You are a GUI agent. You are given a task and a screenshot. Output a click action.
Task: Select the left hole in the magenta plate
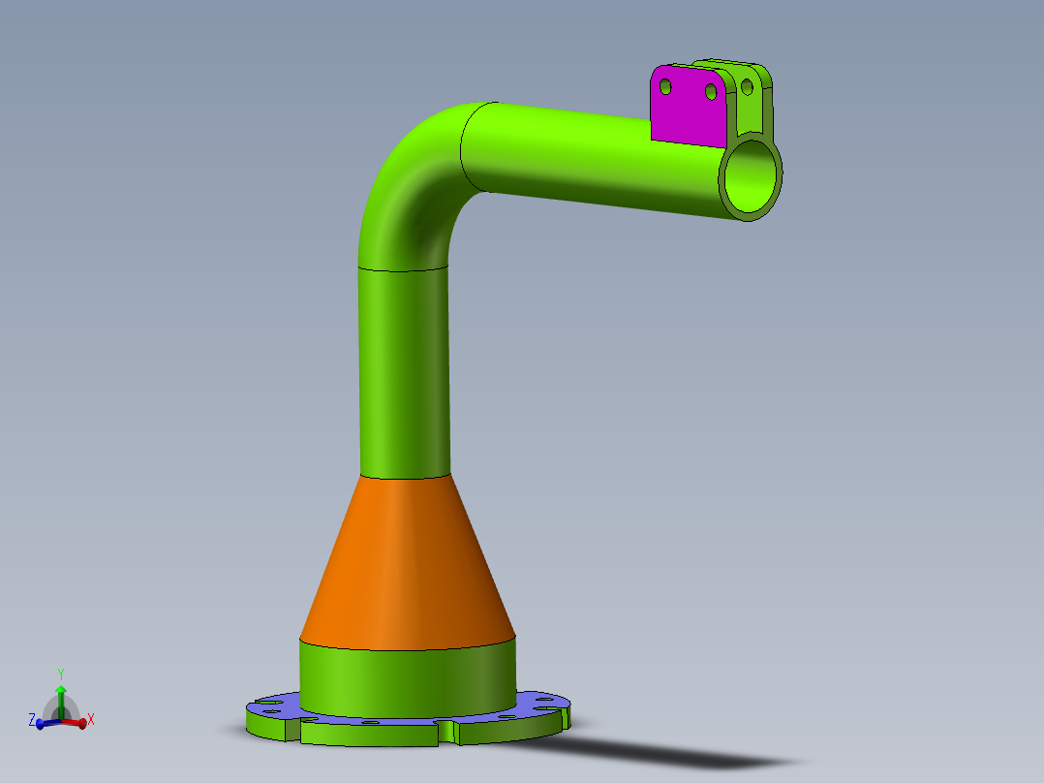click(665, 86)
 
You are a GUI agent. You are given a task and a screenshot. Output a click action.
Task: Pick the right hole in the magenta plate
click(711, 91)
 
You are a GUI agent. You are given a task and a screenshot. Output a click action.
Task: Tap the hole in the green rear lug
click(747, 86)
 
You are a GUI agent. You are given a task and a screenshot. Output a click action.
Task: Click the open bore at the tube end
click(752, 175)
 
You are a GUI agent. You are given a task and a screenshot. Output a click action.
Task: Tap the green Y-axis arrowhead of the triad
click(60, 690)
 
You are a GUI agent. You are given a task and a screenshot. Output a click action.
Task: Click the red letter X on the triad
click(90, 720)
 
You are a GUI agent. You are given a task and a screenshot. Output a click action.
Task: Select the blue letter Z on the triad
click(32, 720)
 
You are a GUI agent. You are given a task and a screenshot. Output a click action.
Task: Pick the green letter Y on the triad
click(60, 673)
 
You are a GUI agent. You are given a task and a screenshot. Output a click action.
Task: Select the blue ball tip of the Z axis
click(41, 724)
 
